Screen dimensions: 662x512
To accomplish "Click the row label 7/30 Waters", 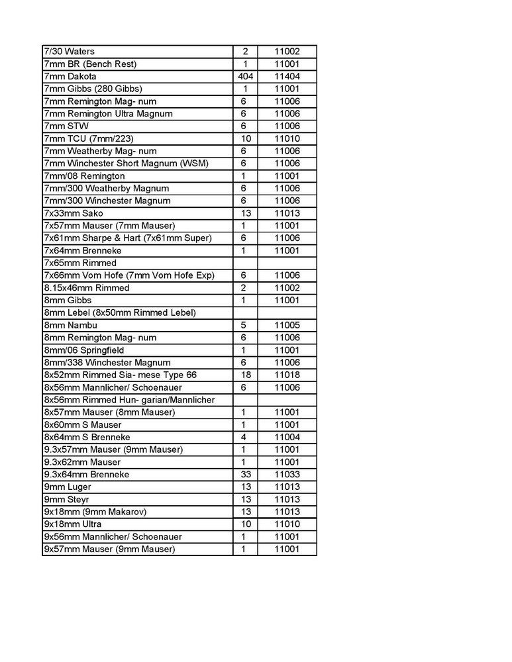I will click(70, 52).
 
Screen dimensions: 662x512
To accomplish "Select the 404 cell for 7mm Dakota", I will click(244, 76).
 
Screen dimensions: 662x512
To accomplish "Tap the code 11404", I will click(287, 76).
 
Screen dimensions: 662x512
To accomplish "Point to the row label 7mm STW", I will click(66, 126).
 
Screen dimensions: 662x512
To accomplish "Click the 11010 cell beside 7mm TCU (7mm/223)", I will click(287, 138).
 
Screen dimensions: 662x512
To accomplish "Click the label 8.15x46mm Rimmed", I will click(86, 288).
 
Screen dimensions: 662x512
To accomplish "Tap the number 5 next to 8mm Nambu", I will click(244, 325).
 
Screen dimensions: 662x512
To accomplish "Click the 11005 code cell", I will click(287, 325).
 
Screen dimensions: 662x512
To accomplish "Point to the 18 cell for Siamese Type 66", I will click(244, 375).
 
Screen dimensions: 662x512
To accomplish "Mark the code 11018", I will click(287, 375).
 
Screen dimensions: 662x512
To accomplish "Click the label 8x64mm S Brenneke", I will click(86, 437).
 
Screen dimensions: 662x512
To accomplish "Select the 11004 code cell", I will click(287, 437).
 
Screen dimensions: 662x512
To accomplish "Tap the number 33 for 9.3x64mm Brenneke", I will click(244, 475).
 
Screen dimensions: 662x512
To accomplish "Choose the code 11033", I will click(287, 475).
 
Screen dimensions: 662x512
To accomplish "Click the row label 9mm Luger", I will click(67, 487).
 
